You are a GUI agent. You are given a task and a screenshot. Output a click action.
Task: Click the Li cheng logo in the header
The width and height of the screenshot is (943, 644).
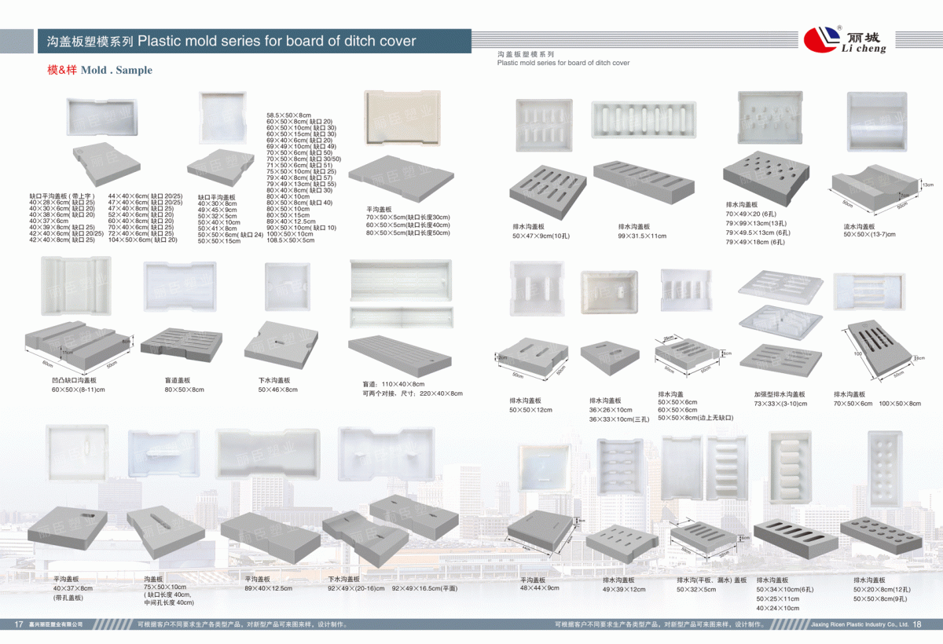(x=845, y=38)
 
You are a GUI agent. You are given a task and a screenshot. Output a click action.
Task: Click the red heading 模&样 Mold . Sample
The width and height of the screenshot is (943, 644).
(x=100, y=70)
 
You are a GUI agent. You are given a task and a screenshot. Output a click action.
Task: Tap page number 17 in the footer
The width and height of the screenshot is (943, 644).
(x=19, y=624)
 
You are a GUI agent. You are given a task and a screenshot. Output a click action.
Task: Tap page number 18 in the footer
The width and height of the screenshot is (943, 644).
(x=916, y=624)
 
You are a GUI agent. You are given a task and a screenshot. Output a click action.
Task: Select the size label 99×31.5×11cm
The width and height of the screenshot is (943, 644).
(x=642, y=236)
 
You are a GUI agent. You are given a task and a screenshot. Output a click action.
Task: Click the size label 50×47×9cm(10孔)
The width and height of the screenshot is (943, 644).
(x=541, y=236)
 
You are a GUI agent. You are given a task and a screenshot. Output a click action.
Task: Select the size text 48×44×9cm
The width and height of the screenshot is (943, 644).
(x=540, y=587)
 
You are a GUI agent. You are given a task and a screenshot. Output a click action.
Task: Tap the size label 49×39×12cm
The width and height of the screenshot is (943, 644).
(x=624, y=589)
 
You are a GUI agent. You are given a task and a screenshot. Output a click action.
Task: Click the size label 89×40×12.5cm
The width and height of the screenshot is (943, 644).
(x=268, y=587)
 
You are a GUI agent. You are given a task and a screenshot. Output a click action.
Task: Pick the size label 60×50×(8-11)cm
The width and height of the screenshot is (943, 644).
(x=79, y=390)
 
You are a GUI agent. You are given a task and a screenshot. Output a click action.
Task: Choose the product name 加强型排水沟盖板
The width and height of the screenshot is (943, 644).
(x=780, y=394)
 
